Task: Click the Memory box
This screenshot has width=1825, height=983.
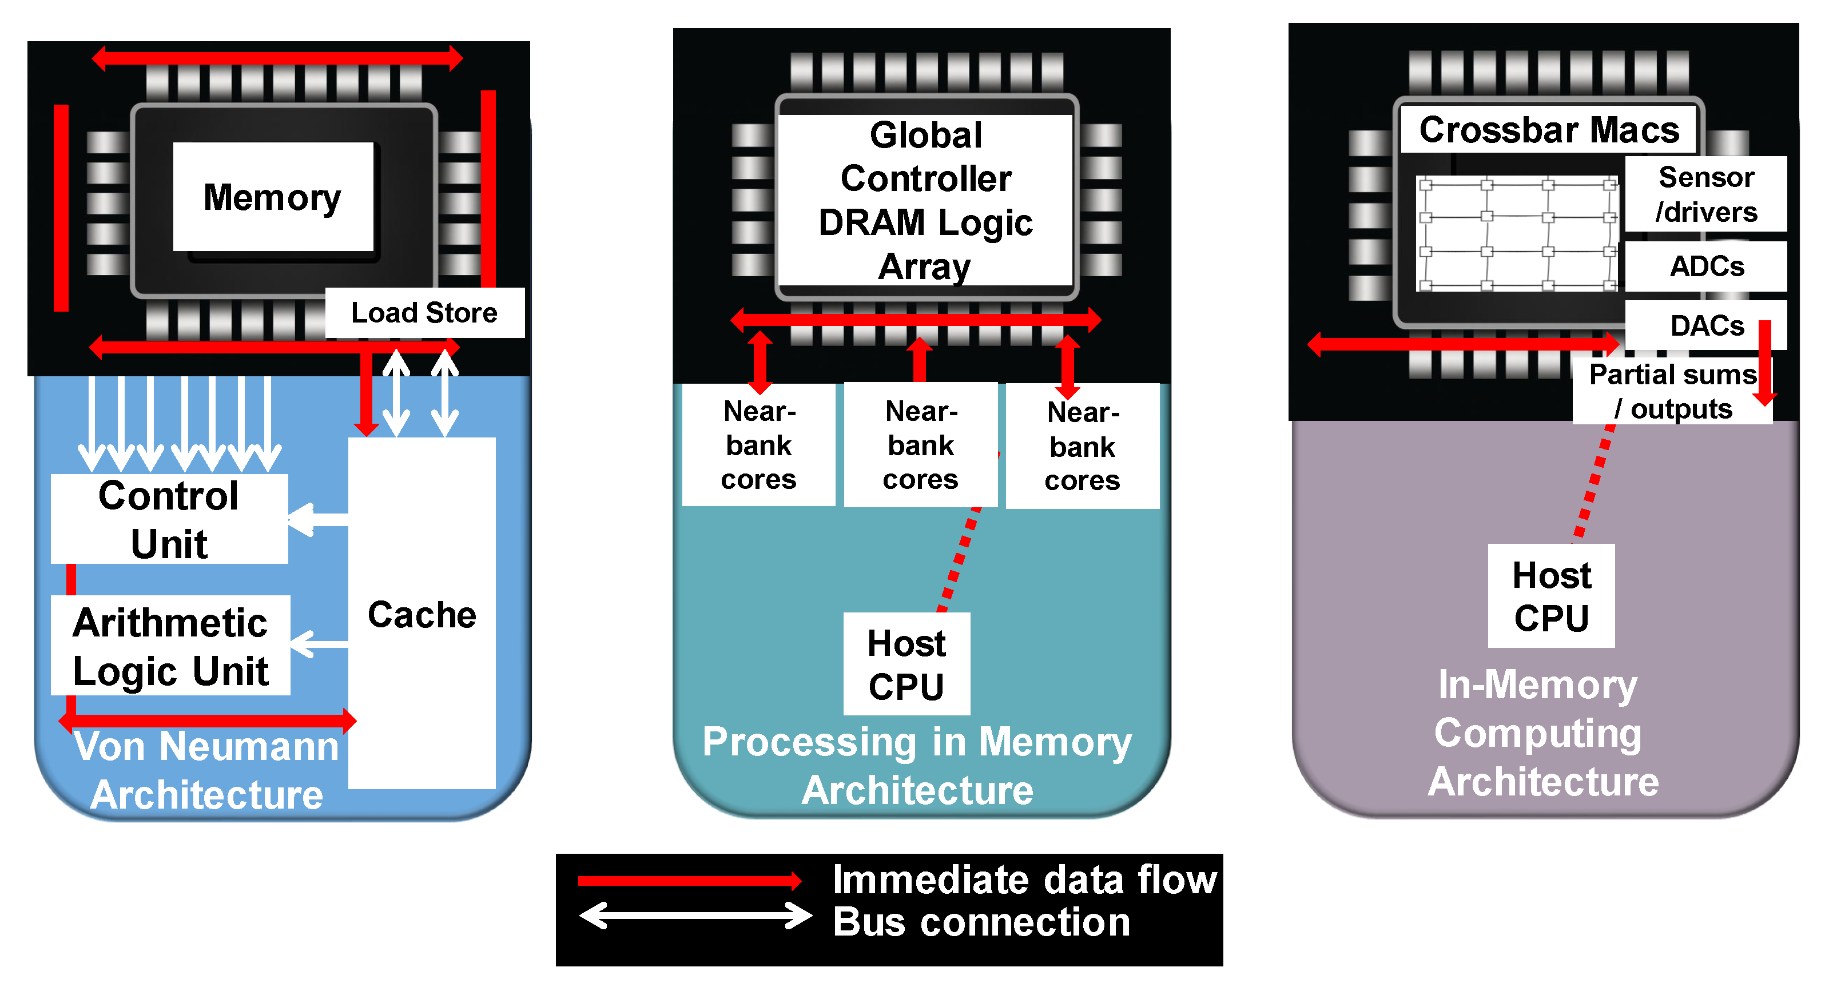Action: (273, 196)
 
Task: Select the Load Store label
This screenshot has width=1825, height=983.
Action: (424, 312)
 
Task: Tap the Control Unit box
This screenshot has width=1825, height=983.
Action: (169, 519)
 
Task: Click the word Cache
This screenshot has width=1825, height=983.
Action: (422, 614)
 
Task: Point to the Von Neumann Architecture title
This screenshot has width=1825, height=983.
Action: (207, 770)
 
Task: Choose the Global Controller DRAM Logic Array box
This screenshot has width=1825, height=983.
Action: (925, 200)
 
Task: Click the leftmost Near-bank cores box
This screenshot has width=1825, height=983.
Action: (759, 445)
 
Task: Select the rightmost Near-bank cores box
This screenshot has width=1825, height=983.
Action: (1083, 446)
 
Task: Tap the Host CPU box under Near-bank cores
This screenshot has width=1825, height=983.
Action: (907, 664)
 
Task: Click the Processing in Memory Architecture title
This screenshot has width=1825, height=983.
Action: (917, 766)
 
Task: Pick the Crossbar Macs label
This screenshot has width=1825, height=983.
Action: (1549, 130)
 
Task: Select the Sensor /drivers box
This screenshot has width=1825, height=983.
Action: (1706, 194)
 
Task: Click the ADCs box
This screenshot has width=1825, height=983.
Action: (1706, 266)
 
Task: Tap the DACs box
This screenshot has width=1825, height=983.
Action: (1706, 325)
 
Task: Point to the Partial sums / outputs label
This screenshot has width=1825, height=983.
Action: (1673, 391)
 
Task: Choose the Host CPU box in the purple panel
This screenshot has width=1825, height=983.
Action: (1552, 596)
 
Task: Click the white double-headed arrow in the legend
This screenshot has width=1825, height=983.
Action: (695, 915)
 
